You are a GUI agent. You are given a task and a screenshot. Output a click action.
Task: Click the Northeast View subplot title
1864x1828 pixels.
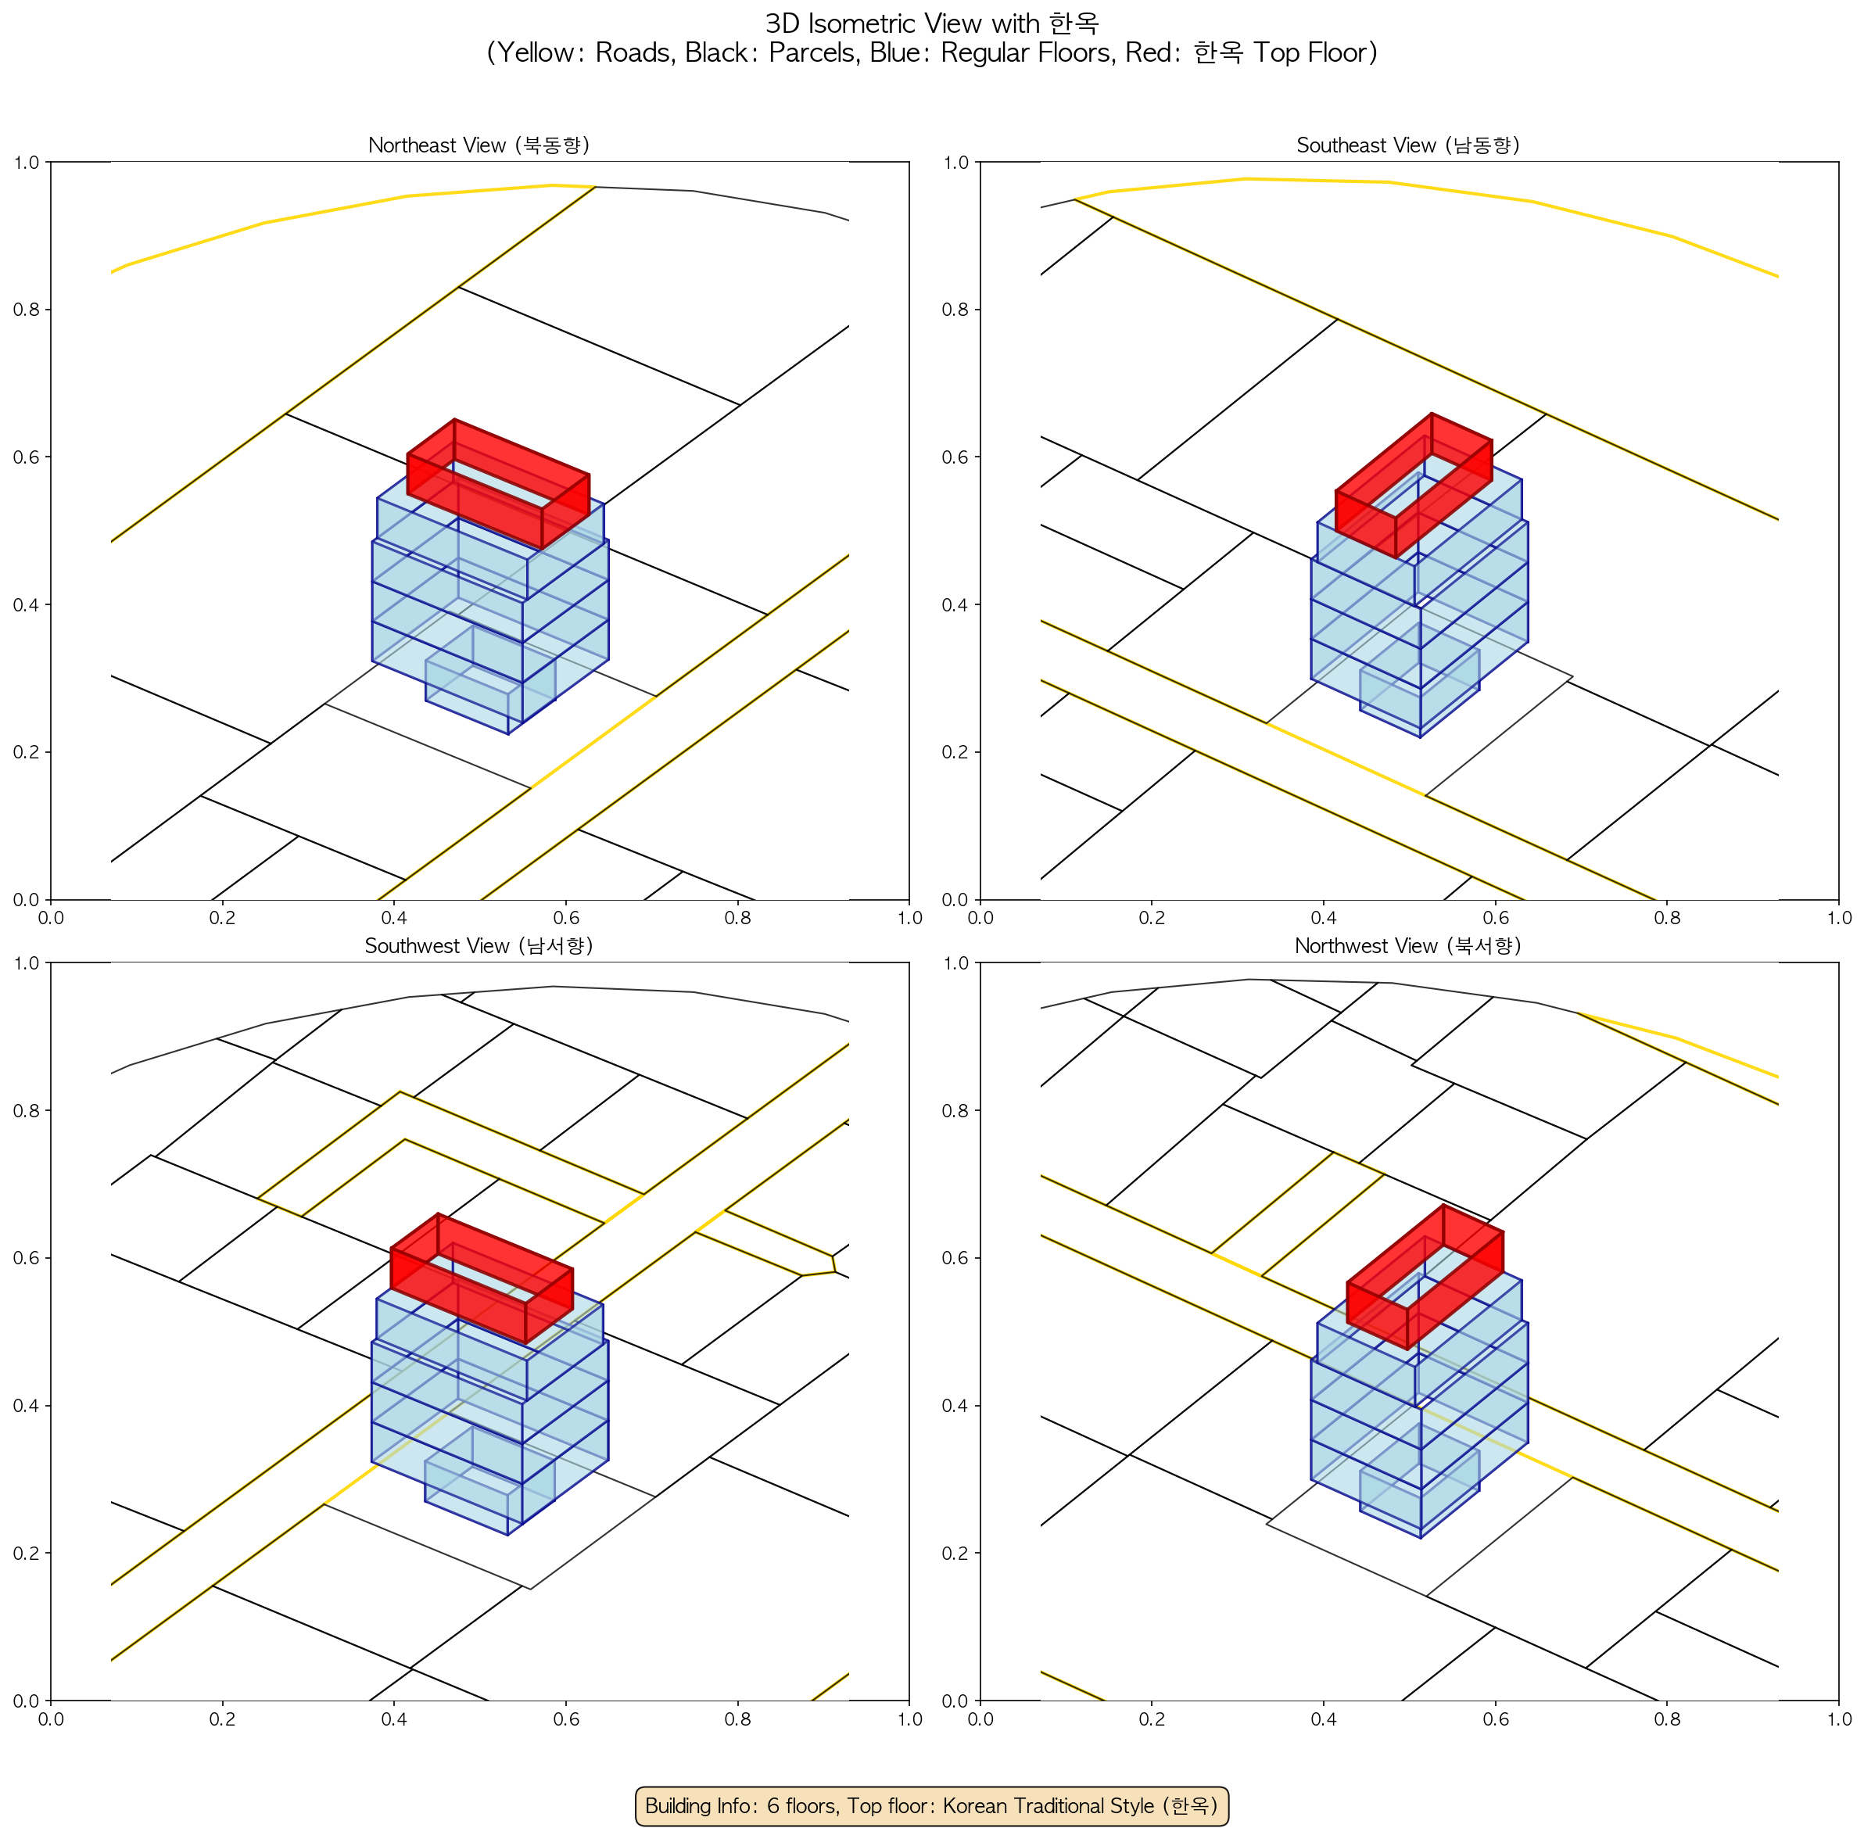[479, 145]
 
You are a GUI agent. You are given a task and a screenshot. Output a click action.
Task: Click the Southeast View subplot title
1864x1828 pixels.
[1408, 145]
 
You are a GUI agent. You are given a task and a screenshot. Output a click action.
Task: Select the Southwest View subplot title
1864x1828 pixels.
[479, 946]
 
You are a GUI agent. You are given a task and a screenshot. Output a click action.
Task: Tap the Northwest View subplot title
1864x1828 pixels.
[1408, 946]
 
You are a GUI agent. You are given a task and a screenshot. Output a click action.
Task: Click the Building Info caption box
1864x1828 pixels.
[931, 1805]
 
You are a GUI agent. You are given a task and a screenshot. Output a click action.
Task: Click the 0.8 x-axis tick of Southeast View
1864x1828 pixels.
[1667, 918]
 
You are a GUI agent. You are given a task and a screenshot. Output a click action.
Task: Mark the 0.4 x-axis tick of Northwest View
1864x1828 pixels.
[1324, 1719]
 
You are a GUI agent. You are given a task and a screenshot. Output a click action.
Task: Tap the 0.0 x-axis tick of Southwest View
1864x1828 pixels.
[51, 1719]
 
